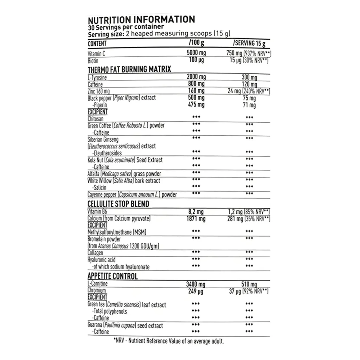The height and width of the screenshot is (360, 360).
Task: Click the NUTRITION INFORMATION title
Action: (141, 19)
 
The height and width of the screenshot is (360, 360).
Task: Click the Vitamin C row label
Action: (96, 54)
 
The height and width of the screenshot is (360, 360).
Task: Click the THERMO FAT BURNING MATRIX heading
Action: (129, 69)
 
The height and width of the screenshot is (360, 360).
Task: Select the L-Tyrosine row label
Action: (97, 77)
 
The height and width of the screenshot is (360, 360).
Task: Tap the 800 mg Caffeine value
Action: (196, 84)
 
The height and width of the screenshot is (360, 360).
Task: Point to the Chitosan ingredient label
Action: (96, 119)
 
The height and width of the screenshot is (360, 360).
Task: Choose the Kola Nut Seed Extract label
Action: (125, 160)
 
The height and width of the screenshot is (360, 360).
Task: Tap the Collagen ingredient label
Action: (95, 253)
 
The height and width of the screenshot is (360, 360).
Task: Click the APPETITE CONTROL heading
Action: (112, 276)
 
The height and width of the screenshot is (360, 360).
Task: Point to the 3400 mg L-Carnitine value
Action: (195, 284)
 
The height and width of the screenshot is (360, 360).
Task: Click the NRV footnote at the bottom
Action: (169, 341)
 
